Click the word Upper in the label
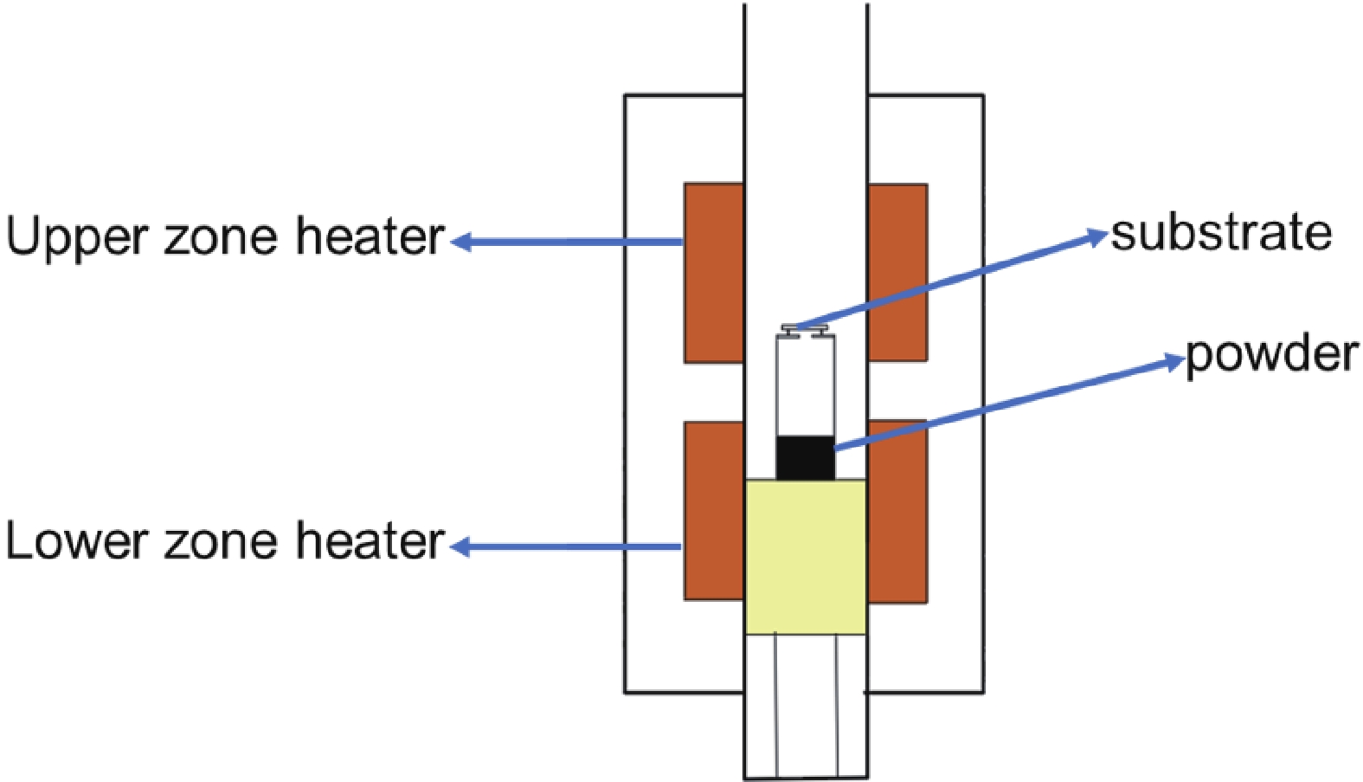point(77,237)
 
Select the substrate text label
point(1221,233)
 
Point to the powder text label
point(1271,354)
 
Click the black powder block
point(805,457)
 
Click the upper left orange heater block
point(714,272)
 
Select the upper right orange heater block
point(897,272)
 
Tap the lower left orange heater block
point(714,511)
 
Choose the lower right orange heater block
point(897,511)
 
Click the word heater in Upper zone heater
point(370,236)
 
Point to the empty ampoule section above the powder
point(805,385)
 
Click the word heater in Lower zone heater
point(370,541)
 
